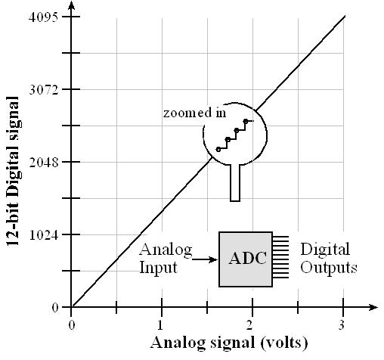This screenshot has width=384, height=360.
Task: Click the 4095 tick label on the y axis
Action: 43,17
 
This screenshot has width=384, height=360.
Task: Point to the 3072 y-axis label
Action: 43,89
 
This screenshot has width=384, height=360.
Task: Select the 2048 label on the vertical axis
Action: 43,163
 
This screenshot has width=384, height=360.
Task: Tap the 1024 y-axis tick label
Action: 43,235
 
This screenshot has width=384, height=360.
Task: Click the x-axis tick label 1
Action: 160,325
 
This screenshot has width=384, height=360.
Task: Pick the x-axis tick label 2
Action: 249,325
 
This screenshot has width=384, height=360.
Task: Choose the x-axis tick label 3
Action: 341,325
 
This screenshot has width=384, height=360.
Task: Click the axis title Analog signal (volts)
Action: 229,343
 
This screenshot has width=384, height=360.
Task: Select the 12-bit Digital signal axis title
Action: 13,171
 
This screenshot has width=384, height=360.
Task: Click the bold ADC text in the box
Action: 247,258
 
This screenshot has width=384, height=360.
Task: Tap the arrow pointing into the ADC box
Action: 205,259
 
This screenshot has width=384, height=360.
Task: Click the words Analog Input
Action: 166,258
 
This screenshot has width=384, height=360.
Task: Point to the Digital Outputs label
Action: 329,258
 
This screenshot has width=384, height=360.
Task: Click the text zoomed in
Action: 194,113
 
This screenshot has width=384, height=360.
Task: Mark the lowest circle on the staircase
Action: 218,150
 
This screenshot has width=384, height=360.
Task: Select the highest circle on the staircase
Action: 246,121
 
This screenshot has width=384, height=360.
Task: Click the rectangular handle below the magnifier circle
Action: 235,183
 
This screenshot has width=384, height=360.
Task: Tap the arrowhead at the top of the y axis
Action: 72,5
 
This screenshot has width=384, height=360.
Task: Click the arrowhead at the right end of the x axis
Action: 373,307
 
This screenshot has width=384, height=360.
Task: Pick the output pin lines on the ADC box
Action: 280,257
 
